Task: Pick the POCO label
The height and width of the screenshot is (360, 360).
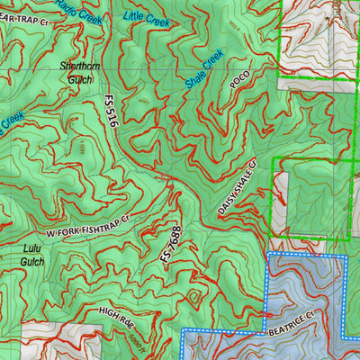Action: point(238,81)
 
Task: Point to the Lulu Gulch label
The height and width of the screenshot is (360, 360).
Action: point(32,254)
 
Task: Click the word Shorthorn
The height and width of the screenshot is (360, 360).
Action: point(76,67)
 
